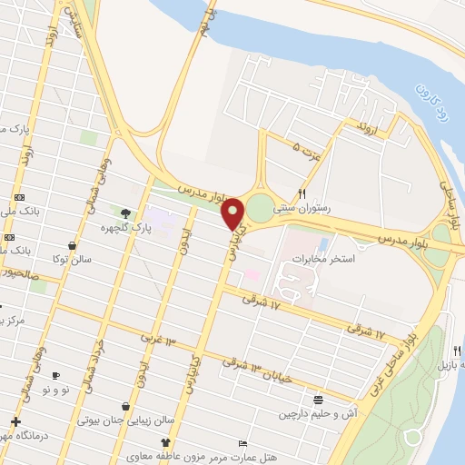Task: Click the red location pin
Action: coord(233,213)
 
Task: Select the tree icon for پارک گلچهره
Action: coord(124,214)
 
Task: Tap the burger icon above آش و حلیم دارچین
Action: coord(318,399)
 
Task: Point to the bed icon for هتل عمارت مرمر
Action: coord(242,442)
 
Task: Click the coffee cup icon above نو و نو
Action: coord(55,375)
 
